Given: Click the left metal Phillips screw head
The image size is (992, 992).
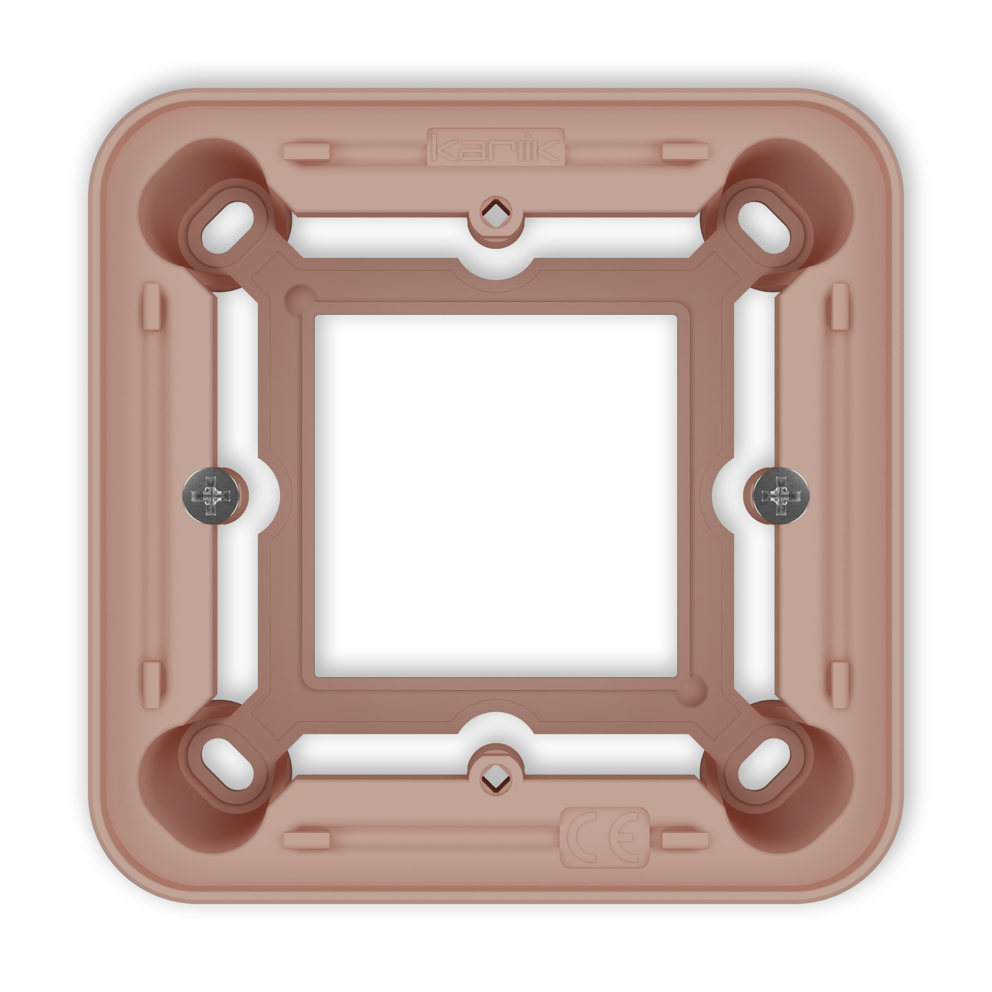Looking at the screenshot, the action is pos(211,496).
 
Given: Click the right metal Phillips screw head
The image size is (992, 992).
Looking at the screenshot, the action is pos(781,496).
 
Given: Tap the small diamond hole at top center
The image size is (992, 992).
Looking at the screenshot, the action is pos(496,211).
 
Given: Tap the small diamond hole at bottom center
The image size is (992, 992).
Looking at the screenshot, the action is pos(496,780).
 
